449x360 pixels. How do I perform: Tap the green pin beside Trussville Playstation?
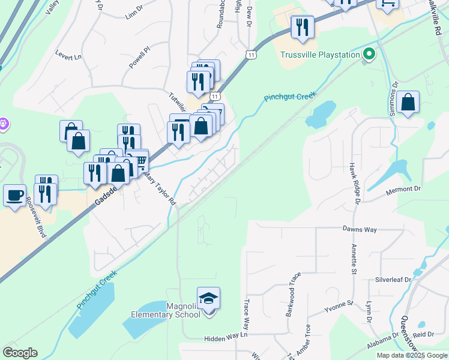pyautogui.click(x=369, y=55)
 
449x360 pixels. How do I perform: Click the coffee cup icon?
pyautogui.click(x=15, y=194)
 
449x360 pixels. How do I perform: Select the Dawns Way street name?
pyautogui.click(x=360, y=229)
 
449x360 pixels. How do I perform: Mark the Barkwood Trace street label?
pyautogui.click(x=294, y=295)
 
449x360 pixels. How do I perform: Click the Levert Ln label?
pyautogui.click(x=68, y=57)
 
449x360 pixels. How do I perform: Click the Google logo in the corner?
pyautogui.click(x=20, y=353)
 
